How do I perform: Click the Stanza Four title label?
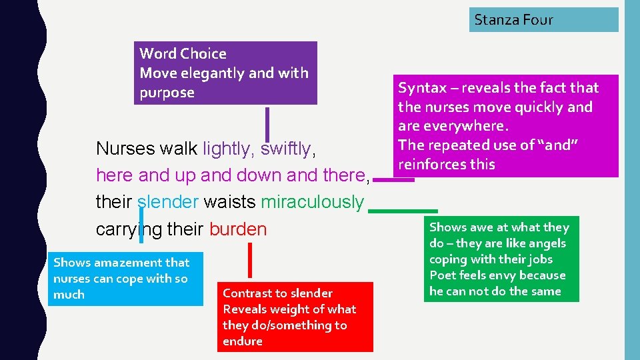pyautogui.click(x=513, y=20)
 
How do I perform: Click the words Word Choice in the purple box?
pyautogui.click(x=183, y=54)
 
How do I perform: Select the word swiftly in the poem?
pyautogui.click(x=285, y=149)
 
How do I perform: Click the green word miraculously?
pyautogui.click(x=312, y=202)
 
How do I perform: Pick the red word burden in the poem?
pyautogui.click(x=237, y=229)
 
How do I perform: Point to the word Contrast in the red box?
pyautogui.click(x=249, y=293)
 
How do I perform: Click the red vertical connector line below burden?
pyautogui.click(x=250, y=260)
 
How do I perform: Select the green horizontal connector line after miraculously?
pyautogui.click(x=403, y=211)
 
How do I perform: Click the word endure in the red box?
pyautogui.click(x=243, y=341)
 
